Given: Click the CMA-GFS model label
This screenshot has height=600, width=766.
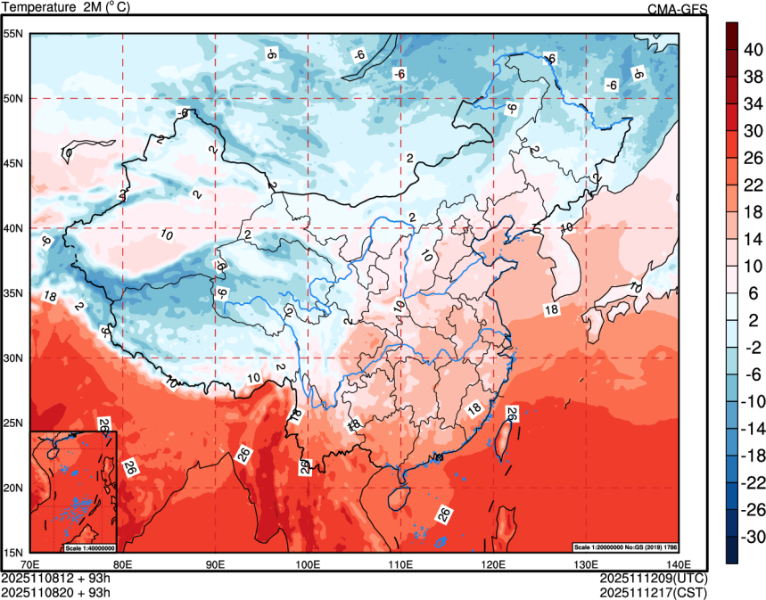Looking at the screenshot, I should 678,9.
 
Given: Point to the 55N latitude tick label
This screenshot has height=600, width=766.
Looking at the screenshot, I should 13,34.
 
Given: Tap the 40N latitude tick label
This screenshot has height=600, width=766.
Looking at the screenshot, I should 13,228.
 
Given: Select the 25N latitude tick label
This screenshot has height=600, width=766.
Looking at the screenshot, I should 13,423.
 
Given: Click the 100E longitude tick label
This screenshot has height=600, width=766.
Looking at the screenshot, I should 308,563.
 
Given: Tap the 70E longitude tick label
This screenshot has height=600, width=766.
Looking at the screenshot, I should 29,563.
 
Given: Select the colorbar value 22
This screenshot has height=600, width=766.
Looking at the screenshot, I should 752,185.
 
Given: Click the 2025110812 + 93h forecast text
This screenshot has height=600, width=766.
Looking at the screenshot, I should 56,578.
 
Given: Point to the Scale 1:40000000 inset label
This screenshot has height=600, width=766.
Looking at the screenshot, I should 89,547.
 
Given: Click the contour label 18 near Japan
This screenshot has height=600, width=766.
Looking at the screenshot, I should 551,309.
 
